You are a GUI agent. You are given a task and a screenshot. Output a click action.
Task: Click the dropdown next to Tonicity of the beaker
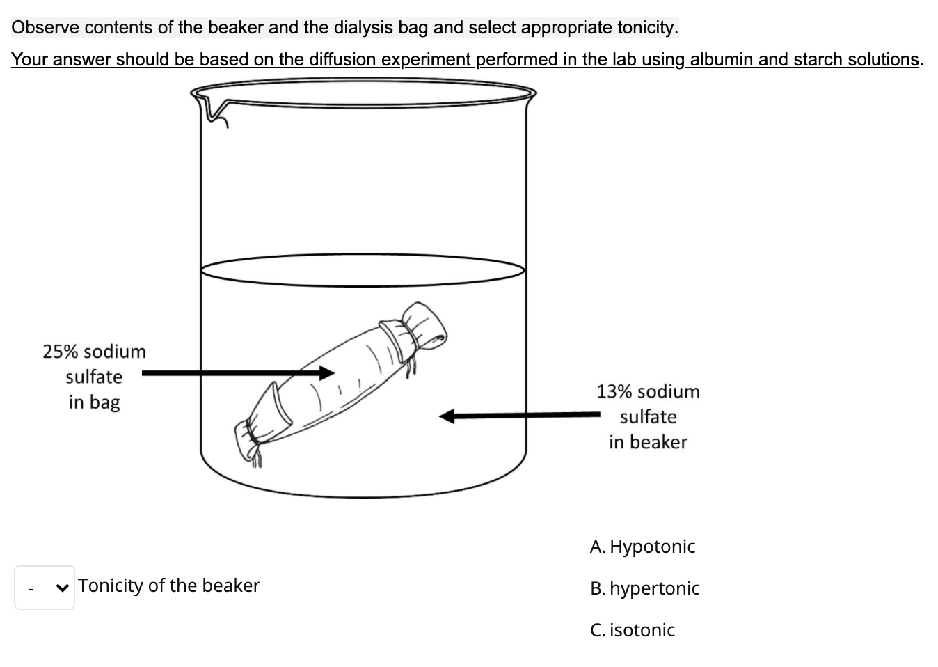click(x=45, y=588)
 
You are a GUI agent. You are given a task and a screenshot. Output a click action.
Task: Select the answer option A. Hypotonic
click(x=642, y=547)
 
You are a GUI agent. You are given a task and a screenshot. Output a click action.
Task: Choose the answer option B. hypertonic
click(x=644, y=588)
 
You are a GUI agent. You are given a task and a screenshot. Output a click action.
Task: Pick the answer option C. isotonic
click(x=632, y=630)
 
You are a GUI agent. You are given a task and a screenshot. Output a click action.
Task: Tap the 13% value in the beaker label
click(x=614, y=392)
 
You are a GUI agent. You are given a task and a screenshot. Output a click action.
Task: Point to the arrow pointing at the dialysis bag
click(x=237, y=373)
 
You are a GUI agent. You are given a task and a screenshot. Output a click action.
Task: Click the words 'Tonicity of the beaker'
click(x=168, y=586)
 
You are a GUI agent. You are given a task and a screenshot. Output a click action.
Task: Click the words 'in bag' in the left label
click(x=94, y=402)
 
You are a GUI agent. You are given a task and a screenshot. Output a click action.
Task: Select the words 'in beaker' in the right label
click(x=648, y=442)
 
